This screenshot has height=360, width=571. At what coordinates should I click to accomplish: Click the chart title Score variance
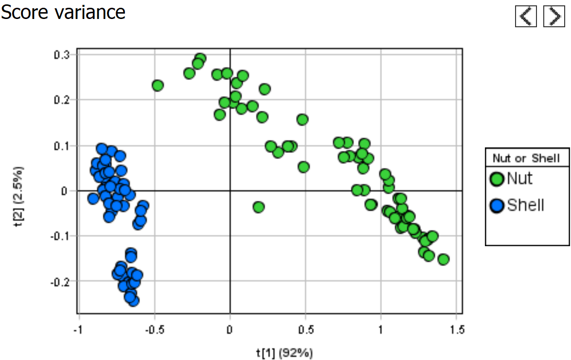tap(63, 12)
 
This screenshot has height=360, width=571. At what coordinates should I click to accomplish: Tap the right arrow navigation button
tap(553, 17)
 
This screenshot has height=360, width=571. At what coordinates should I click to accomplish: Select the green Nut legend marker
tap(497, 180)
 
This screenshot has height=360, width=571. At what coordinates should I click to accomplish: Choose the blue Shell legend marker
tap(497, 206)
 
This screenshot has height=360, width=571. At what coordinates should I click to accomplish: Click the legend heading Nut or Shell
tap(527, 158)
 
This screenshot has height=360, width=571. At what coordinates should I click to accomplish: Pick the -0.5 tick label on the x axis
tap(153, 330)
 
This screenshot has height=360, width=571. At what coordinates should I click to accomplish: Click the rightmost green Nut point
tap(443, 259)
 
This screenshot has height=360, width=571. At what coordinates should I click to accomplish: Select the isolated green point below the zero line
tap(259, 207)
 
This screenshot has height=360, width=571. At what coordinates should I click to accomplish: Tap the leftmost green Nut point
tap(158, 86)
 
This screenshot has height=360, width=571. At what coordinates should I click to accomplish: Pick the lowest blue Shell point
tap(133, 300)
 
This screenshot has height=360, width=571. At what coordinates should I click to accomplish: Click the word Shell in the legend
tap(525, 205)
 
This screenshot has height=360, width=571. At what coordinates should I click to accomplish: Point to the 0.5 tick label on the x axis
tap(305, 330)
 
